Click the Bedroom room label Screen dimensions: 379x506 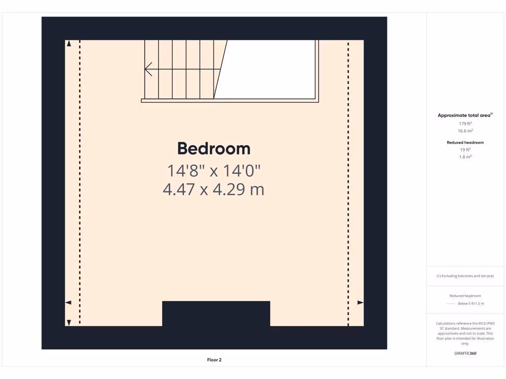[213, 149]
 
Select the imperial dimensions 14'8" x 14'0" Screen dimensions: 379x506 [213, 171]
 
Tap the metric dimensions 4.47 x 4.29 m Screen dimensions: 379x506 [213, 189]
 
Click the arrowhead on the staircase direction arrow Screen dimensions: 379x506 [148, 69]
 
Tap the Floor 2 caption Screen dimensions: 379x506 [214, 360]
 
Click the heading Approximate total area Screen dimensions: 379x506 [464, 115]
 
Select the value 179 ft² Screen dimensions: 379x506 [465, 123]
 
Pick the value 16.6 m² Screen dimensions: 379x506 [465, 131]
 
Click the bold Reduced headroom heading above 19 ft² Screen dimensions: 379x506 [465, 142]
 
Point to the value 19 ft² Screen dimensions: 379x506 [465, 150]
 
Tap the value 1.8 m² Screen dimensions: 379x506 [465, 157]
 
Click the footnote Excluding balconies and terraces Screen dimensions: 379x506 [465, 276]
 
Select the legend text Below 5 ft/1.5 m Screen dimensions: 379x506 [471, 303]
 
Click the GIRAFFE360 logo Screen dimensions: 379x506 [465, 353]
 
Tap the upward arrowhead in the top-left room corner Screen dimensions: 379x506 [69, 44]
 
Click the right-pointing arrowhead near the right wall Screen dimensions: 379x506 [360, 303]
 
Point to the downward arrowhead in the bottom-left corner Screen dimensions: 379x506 [69, 322]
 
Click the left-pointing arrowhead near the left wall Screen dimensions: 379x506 [68, 303]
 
